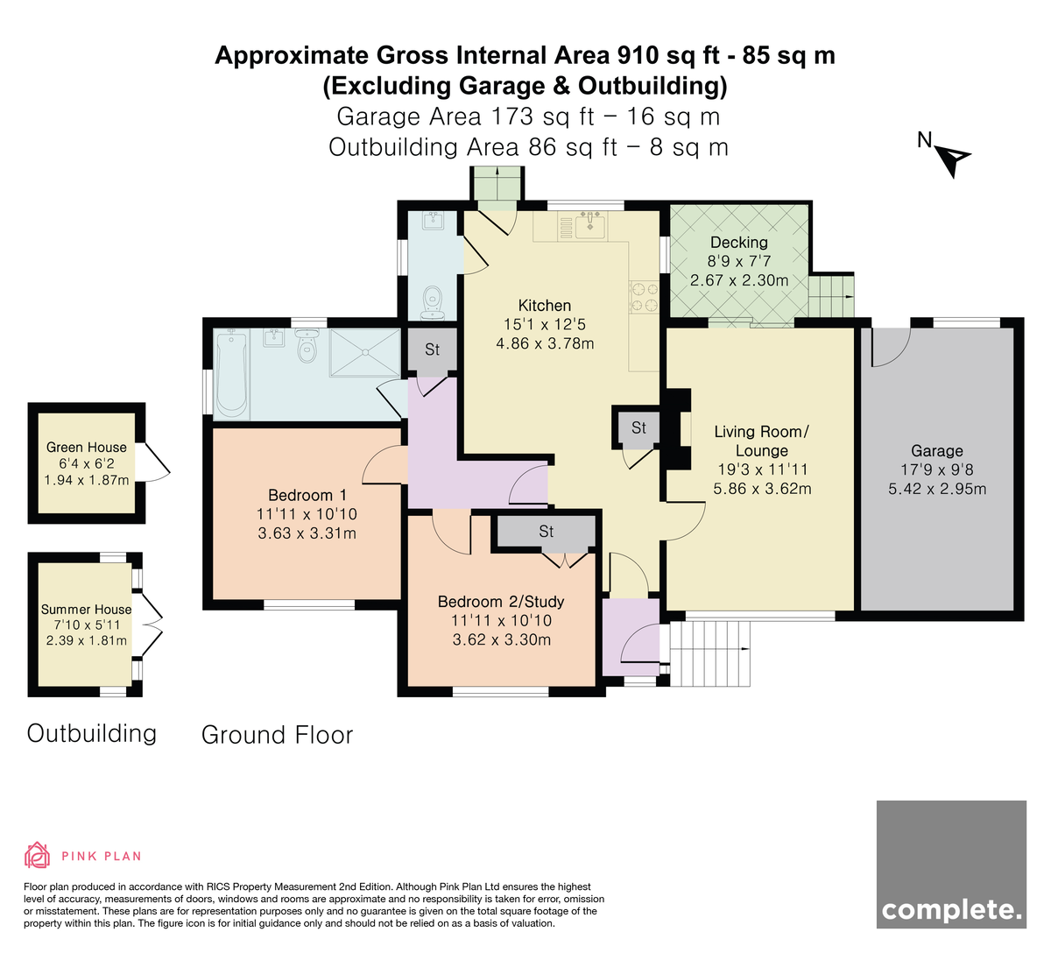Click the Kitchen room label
point(545,306)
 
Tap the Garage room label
point(937,451)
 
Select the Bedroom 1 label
point(307,495)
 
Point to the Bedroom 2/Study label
point(501,602)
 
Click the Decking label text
point(738,243)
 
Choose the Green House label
point(87,447)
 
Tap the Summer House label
point(86,609)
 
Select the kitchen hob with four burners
point(644,297)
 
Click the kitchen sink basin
point(590,227)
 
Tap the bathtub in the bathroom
point(231,373)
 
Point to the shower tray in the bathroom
point(365,353)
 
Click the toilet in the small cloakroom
point(433,303)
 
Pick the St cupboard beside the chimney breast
point(638,430)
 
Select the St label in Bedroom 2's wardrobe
point(546,532)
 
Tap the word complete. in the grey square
point(951,910)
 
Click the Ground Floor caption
point(277,735)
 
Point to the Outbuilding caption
point(92,733)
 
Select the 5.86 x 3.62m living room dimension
point(762,489)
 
